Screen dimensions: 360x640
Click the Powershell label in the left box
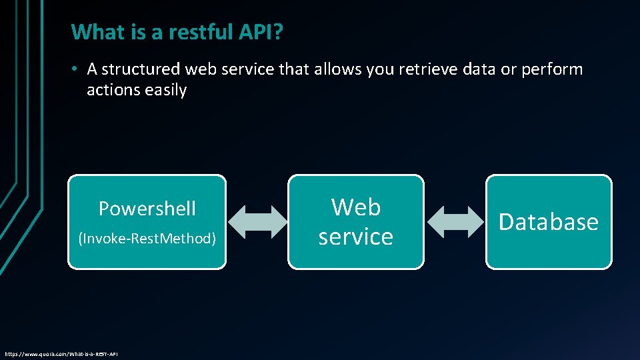tap(147, 209)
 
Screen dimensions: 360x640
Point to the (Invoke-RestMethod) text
tap(147, 238)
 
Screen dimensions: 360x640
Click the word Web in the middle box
tap(356, 207)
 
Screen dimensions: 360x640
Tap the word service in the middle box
tap(356, 236)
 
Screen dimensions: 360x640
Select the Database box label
tap(549, 222)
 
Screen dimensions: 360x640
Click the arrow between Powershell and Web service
tap(257, 221)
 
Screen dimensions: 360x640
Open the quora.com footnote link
tap(61, 353)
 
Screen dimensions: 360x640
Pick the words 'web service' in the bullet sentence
tap(227, 69)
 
